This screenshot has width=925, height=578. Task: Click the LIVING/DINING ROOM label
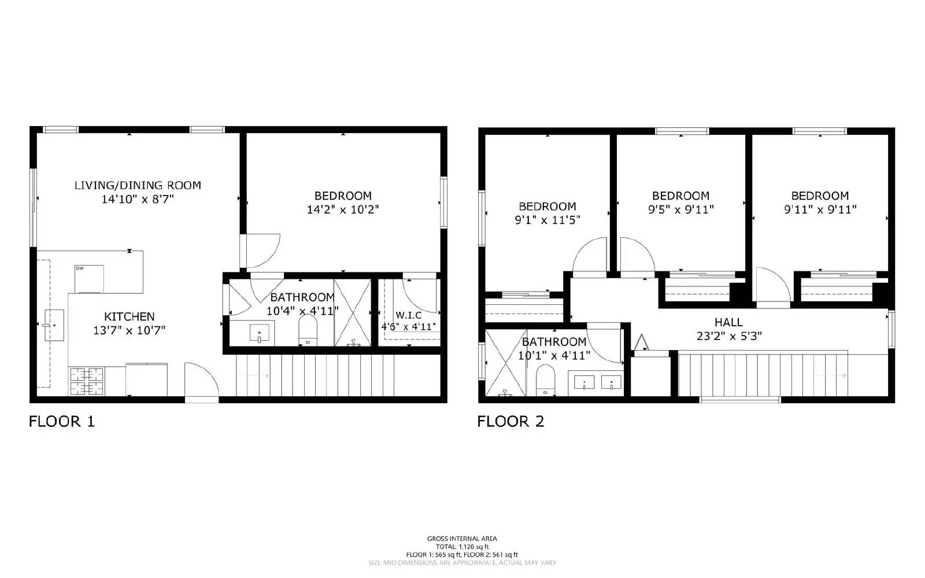pos(138,185)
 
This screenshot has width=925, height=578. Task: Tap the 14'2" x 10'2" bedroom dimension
pos(343,209)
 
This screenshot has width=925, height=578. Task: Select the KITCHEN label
pos(129,316)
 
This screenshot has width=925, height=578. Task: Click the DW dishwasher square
pos(89,278)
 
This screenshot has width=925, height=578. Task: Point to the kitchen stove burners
pos(87,381)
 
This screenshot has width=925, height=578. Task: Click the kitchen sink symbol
pos(54,325)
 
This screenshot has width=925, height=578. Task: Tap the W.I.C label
pos(408,315)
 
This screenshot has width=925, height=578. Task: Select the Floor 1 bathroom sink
pos(260,333)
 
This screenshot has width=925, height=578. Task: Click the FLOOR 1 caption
pos(62,421)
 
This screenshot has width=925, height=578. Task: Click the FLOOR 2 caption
pos(510,421)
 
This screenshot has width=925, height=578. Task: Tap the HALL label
pos(728,322)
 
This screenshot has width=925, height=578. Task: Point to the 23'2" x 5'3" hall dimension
pos(728,336)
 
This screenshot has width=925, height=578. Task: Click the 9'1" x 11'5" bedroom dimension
pos(547,220)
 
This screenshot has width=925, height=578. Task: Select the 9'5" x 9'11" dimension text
pos(680,209)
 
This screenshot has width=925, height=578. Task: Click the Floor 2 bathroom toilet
pos(545,380)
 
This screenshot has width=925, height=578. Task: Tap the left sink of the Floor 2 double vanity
pos(586,382)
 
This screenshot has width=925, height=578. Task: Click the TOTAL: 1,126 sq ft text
pos(462,546)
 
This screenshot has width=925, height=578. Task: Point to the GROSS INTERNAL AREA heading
pos(462,539)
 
